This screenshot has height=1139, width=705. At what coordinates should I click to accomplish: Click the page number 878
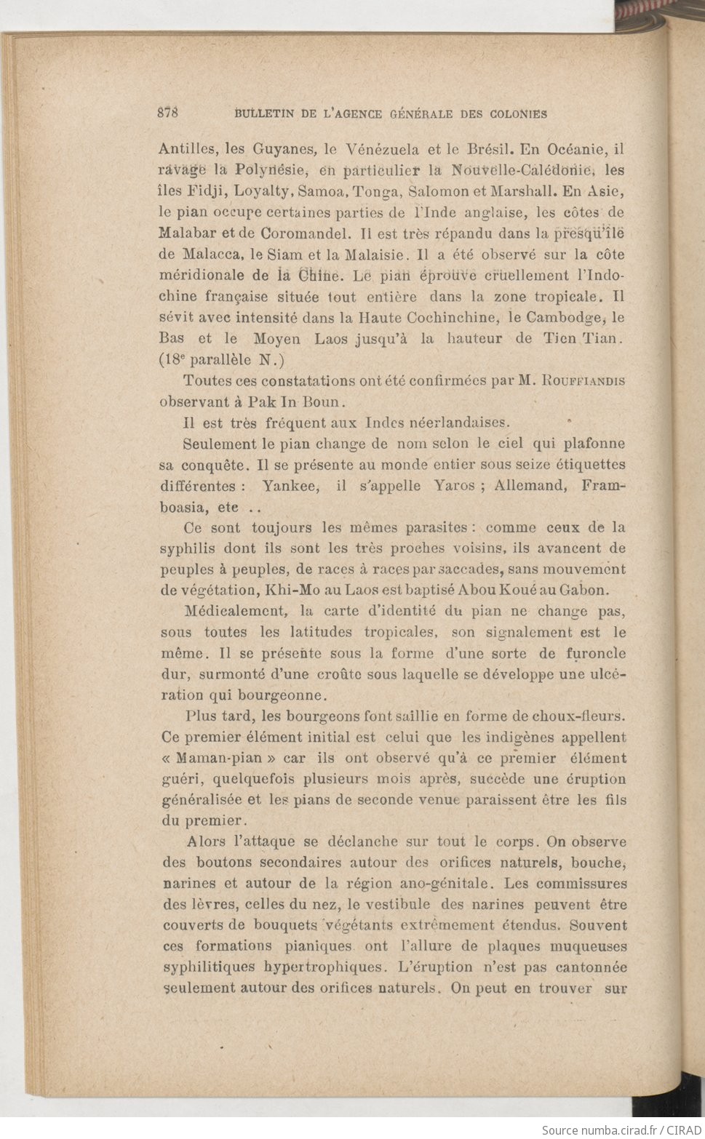168,113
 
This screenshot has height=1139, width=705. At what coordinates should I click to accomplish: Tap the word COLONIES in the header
518,113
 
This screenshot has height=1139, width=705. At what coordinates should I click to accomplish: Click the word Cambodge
563,318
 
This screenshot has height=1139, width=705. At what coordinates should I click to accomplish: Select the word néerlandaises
461,423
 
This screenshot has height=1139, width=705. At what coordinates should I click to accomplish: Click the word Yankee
290,486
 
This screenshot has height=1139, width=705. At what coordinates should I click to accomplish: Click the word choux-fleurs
580,716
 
